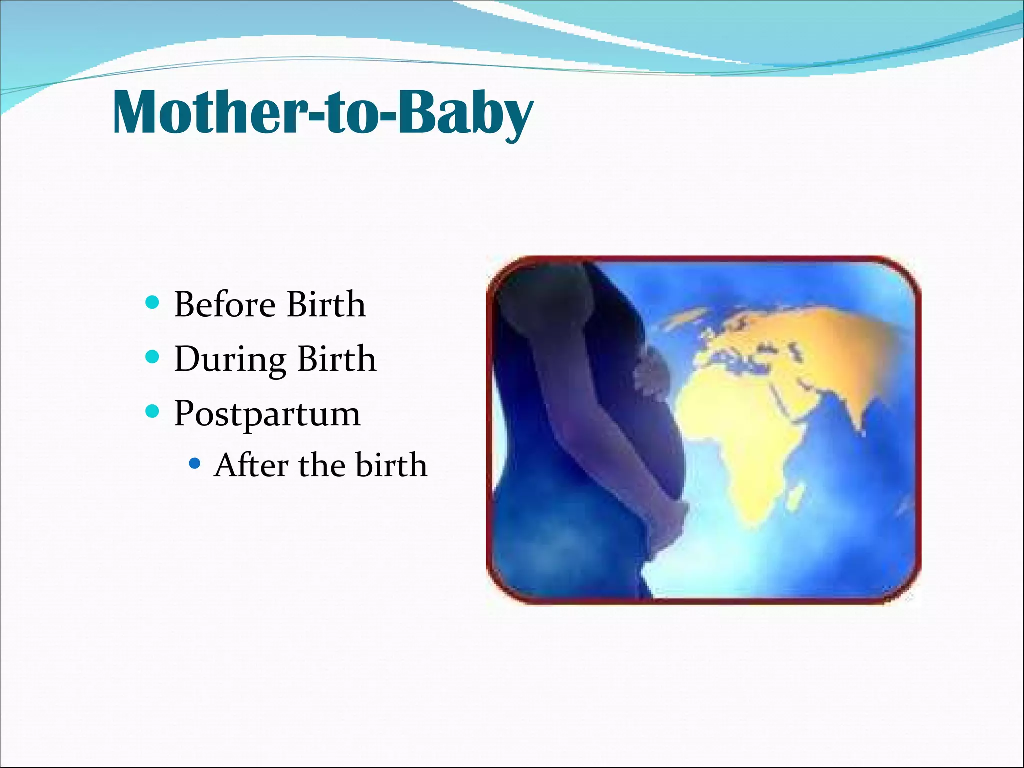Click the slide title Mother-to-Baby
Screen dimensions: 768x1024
click(x=323, y=112)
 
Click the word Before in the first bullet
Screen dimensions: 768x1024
click(x=225, y=304)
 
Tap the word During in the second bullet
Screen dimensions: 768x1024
click(x=230, y=359)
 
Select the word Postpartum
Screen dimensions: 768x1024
click(x=267, y=414)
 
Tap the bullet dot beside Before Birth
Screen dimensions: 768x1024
click(x=152, y=302)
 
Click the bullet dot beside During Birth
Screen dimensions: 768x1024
click(x=152, y=357)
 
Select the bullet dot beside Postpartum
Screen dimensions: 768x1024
click(x=152, y=412)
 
